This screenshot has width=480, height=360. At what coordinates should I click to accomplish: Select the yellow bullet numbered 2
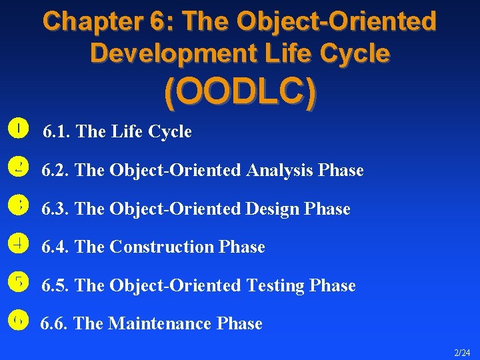(19, 166)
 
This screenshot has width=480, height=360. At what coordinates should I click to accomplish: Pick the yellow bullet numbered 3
(19, 205)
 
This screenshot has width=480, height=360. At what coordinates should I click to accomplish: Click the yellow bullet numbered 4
(19, 243)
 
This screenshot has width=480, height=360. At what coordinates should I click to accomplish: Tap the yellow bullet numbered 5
(19, 282)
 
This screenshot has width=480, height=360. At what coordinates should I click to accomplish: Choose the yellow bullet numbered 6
(19, 321)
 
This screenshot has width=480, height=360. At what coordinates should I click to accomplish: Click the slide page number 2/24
(462, 351)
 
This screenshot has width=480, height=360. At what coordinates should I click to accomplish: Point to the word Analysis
(280, 171)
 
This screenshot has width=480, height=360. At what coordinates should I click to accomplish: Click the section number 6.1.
(57, 132)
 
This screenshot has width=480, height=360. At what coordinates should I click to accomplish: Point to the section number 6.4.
(56, 247)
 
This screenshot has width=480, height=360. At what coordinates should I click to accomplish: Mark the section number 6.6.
(55, 324)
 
